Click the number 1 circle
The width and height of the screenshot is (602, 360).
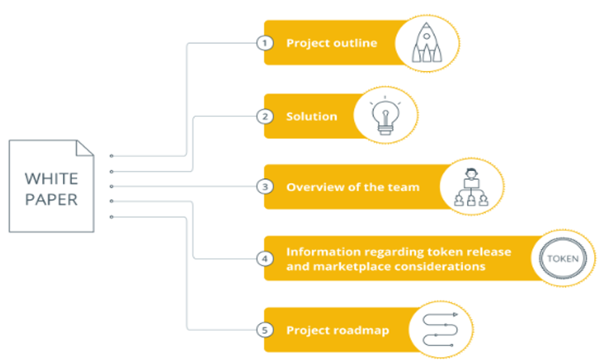(x=263, y=43)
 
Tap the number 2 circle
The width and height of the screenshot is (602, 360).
(x=263, y=116)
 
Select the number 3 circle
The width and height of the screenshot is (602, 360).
(x=263, y=185)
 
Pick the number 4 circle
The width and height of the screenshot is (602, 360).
(x=263, y=259)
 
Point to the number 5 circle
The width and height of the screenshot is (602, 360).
(x=263, y=330)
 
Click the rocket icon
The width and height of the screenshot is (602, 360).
(x=426, y=42)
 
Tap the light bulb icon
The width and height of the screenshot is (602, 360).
(x=385, y=115)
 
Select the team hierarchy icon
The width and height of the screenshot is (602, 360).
(x=471, y=187)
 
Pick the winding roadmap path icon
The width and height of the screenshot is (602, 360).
(x=441, y=330)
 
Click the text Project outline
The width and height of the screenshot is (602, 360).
(x=331, y=43)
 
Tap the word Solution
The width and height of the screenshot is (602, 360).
(x=312, y=116)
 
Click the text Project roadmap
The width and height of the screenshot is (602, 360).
(x=337, y=330)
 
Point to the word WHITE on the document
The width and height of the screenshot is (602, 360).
(x=51, y=178)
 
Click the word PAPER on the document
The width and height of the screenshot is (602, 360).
(x=51, y=199)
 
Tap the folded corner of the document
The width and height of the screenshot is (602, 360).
(x=85, y=148)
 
